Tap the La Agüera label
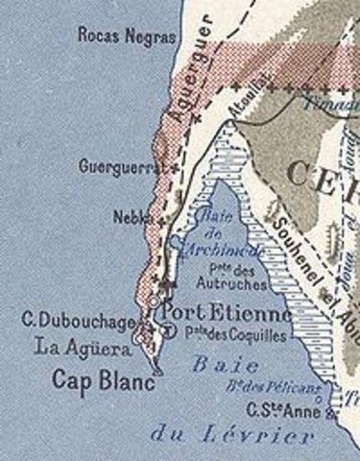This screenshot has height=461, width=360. (83, 346)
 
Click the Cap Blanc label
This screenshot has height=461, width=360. (91, 376)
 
